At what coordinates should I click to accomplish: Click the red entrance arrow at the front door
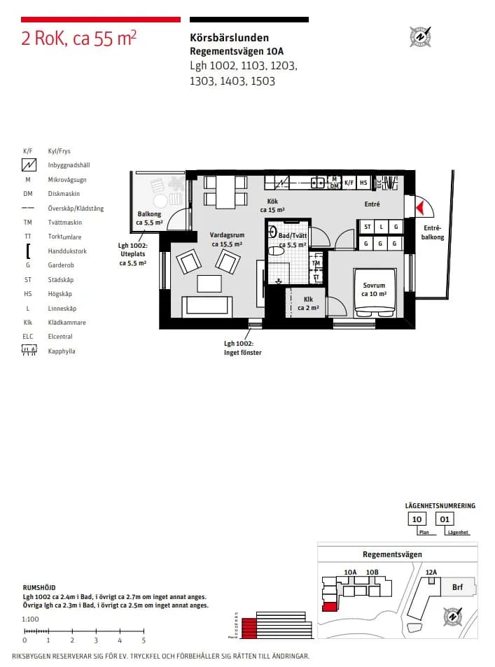[419, 207]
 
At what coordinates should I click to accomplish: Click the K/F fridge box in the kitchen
[349, 183]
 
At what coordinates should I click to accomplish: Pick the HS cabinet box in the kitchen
[363, 183]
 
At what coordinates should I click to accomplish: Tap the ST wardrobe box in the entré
[368, 227]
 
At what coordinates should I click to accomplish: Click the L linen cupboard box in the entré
[382, 227]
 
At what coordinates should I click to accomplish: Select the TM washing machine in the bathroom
[316, 264]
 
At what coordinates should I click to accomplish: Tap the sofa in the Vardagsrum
[207, 306]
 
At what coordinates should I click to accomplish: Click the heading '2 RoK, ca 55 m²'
[78, 38]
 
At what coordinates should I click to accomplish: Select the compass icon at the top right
[420, 36]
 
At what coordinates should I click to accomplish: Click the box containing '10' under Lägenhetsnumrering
[417, 519]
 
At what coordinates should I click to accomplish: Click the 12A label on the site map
[431, 573]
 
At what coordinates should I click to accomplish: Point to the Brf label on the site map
[457, 588]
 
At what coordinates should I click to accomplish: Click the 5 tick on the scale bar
[144, 640]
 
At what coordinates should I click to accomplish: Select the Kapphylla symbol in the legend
[29, 351]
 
